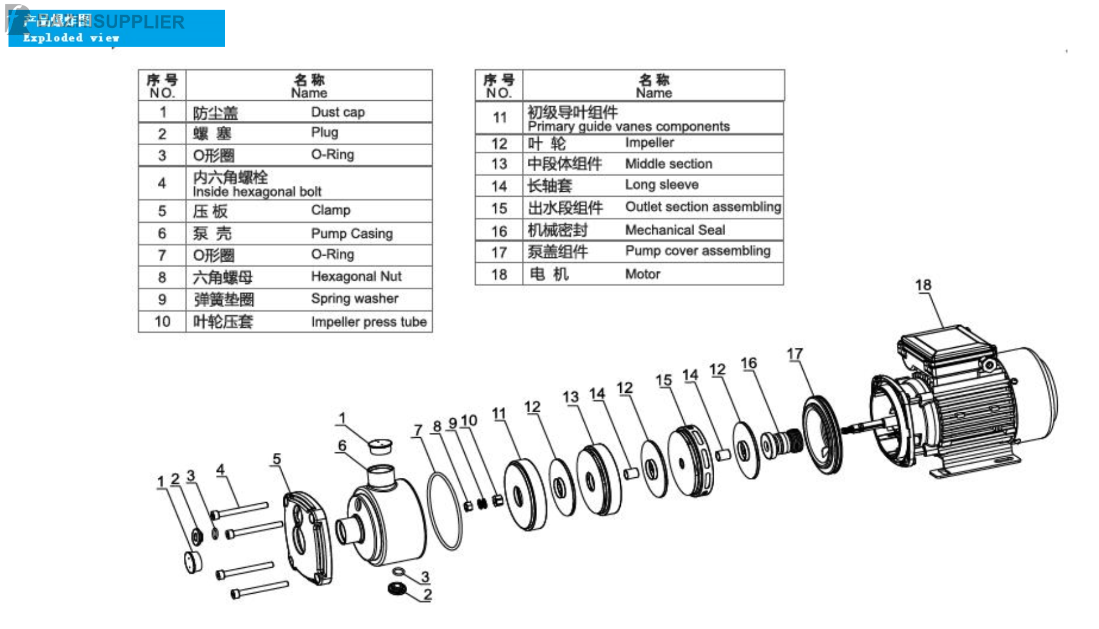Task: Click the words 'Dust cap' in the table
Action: (x=337, y=112)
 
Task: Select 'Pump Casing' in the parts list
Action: (x=351, y=234)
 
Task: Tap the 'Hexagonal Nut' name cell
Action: (x=356, y=277)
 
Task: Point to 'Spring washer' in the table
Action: (x=354, y=299)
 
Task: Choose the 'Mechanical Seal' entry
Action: (x=675, y=230)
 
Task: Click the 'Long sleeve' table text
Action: (x=661, y=185)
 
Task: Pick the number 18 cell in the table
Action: (x=499, y=274)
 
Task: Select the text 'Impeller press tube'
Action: (x=368, y=322)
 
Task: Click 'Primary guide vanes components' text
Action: (x=629, y=126)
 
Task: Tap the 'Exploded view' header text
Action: (x=71, y=38)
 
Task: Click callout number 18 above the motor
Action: (x=922, y=285)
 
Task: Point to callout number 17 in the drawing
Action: (x=794, y=354)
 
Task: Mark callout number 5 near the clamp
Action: (x=277, y=459)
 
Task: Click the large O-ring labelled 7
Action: (x=444, y=511)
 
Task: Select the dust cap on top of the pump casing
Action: (x=380, y=446)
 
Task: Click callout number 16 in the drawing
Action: (x=748, y=363)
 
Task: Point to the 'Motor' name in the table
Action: (x=642, y=274)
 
